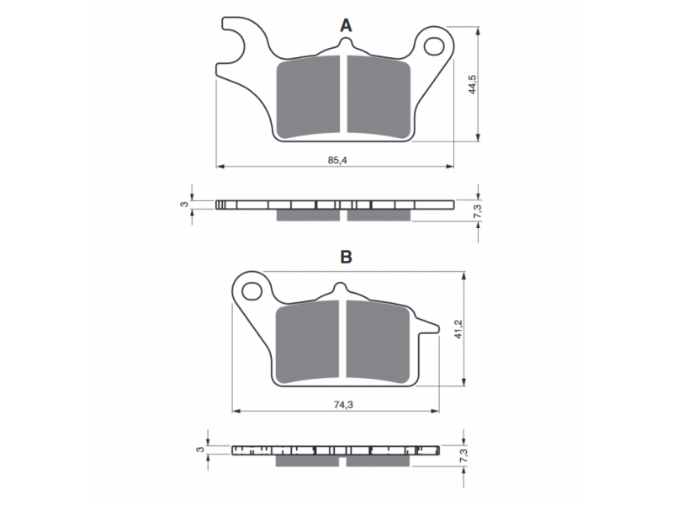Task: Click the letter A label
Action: point(346,26)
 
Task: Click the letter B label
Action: point(346,257)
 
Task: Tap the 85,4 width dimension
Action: point(337,161)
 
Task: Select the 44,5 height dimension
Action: point(473,84)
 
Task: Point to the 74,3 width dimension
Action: point(343,405)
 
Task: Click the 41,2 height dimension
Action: point(459,329)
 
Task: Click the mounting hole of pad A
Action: point(434,46)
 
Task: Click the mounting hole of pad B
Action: point(252,290)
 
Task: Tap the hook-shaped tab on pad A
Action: point(234,40)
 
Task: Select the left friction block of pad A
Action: point(308,98)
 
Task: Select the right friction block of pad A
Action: point(379,98)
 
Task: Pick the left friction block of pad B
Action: point(307,342)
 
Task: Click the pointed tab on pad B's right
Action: point(428,327)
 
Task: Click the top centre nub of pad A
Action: point(346,45)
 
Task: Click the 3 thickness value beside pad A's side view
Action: point(184,205)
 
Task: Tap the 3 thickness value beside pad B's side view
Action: point(199,449)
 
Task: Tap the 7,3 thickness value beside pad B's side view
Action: point(464,455)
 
